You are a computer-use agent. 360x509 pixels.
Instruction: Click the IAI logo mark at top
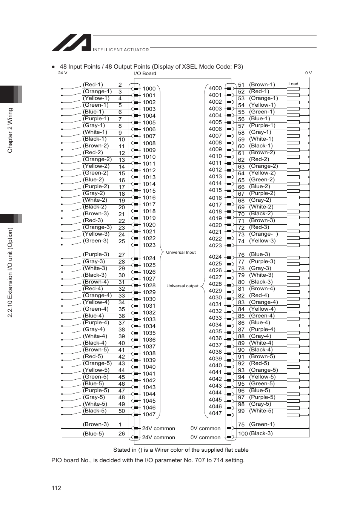[x=72, y=43]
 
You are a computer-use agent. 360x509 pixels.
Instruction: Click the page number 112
[x=56, y=488]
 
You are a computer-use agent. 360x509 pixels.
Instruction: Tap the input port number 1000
[x=149, y=89]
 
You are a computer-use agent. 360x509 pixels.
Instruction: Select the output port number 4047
[x=215, y=413]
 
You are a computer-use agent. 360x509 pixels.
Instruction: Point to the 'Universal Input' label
[x=181, y=252]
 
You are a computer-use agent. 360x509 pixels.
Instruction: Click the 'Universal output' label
[x=182, y=286]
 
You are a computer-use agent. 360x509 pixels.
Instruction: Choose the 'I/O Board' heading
[x=145, y=74]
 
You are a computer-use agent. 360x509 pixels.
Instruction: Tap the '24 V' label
[x=63, y=73]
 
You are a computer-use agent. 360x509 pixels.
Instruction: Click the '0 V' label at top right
[x=308, y=73]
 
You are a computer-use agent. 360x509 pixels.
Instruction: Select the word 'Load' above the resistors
[x=293, y=84]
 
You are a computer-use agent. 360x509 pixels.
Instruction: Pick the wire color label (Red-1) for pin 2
[x=93, y=84]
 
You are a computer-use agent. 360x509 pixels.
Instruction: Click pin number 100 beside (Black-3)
[x=243, y=434]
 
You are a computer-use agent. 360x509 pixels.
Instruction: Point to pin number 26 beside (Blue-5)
[x=122, y=434]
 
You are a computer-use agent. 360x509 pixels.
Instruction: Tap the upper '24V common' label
[x=158, y=428]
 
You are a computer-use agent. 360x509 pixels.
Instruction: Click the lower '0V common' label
[x=205, y=437]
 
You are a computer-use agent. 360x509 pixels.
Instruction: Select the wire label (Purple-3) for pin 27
[x=96, y=254]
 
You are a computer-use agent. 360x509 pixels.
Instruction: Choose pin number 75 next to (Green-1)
[x=241, y=424]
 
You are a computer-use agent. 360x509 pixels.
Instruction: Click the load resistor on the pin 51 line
[x=293, y=89]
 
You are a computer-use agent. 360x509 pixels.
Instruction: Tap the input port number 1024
[x=149, y=258]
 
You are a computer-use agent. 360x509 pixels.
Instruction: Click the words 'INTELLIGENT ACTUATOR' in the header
[x=121, y=50]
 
